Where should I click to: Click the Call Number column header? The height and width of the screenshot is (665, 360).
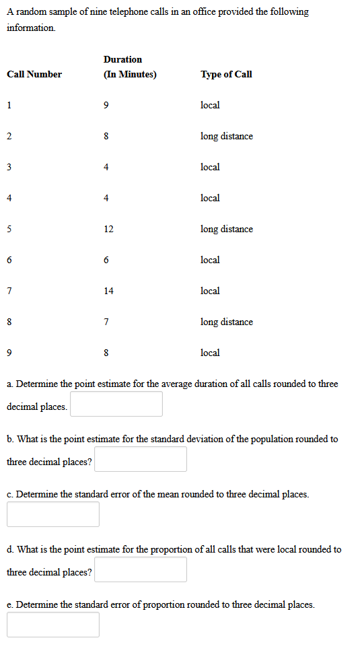click(x=34, y=74)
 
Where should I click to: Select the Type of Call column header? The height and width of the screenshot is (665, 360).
click(x=226, y=74)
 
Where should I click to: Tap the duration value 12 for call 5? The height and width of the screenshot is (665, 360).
click(x=108, y=229)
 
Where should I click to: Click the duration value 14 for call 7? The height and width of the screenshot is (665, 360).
click(x=108, y=291)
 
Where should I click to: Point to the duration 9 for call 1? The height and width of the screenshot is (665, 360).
click(x=106, y=105)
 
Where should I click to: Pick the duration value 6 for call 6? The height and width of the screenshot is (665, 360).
click(x=106, y=260)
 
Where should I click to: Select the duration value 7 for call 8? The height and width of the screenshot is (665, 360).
click(x=106, y=322)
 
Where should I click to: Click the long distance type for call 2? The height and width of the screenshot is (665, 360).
click(x=227, y=136)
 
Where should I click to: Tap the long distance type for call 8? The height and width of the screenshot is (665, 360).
click(x=227, y=322)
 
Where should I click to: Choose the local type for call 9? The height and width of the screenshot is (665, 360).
click(x=210, y=353)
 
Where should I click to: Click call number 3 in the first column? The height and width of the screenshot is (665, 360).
click(x=9, y=167)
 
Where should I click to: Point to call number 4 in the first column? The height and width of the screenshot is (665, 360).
click(x=9, y=198)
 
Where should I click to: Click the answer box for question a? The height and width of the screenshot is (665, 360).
click(x=116, y=404)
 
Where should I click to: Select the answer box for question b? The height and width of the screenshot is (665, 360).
click(x=141, y=459)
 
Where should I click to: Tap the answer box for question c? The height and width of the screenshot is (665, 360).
click(x=53, y=514)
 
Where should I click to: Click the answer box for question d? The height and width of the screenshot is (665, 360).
click(x=141, y=569)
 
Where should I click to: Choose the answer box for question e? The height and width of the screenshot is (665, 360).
click(x=53, y=625)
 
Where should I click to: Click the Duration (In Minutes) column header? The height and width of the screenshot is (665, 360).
click(x=130, y=67)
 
